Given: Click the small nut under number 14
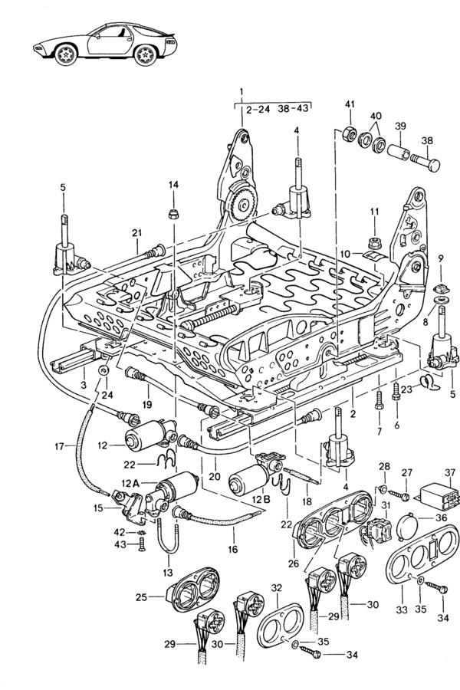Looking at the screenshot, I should [x=173, y=211].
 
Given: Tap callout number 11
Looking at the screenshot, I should [x=375, y=211].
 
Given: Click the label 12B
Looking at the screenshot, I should [x=261, y=500].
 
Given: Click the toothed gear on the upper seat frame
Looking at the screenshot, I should [x=242, y=203].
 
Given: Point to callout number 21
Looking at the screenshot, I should [x=136, y=233].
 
